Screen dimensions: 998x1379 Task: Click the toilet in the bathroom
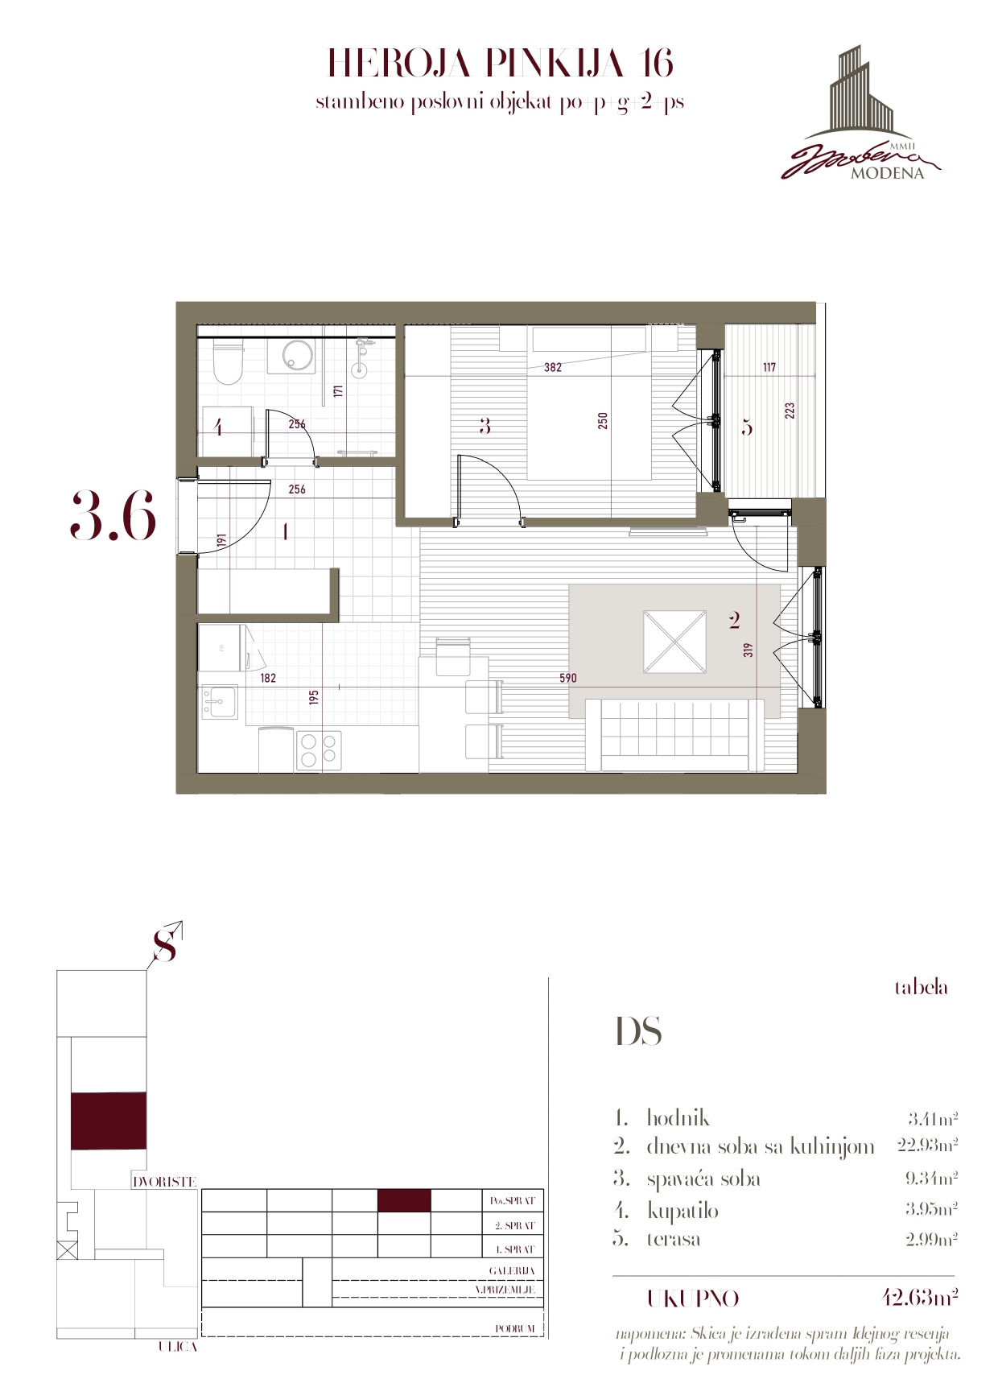click(228, 362)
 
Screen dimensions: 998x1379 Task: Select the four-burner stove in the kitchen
click(319, 749)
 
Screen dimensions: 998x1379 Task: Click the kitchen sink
click(219, 703)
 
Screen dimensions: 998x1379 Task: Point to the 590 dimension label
click(567, 679)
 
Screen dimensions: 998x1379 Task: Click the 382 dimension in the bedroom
click(552, 368)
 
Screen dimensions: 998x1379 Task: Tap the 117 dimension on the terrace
click(769, 368)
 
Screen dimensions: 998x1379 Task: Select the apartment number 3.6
click(113, 515)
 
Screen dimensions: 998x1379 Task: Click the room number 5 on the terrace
click(747, 427)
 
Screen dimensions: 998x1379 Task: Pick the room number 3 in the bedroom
click(485, 426)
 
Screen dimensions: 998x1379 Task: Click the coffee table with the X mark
click(674, 642)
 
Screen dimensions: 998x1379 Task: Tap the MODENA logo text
click(887, 174)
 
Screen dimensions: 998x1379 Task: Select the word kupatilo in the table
click(683, 1211)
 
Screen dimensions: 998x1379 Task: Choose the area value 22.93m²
click(927, 1145)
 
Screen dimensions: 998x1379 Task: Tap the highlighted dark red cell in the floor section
click(404, 1201)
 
